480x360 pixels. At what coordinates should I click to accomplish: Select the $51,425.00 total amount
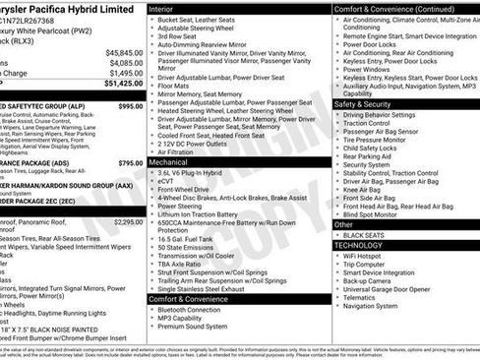(x=124, y=83)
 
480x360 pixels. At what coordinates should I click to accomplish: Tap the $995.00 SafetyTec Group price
(x=130, y=105)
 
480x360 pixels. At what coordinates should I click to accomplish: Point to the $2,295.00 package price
(x=128, y=222)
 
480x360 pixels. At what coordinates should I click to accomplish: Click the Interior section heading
(x=163, y=7)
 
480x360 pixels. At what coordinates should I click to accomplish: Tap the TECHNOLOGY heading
(x=365, y=245)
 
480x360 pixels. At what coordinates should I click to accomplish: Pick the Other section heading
(x=344, y=224)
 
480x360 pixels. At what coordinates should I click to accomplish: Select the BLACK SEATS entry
(x=365, y=235)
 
